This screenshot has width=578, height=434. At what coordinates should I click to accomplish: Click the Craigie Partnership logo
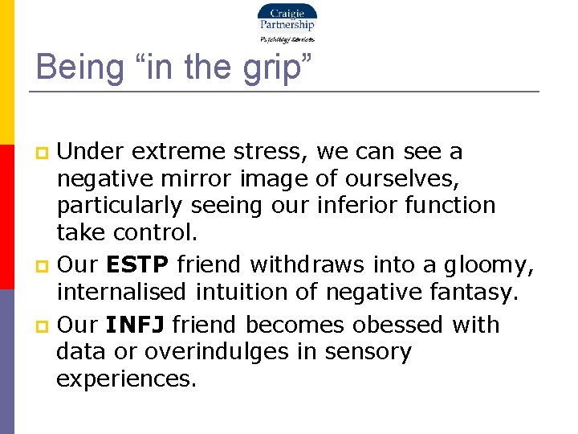click(x=287, y=23)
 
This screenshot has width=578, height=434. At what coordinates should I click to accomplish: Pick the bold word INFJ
click(x=135, y=325)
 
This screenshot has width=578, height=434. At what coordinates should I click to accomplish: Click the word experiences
click(x=125, y=379)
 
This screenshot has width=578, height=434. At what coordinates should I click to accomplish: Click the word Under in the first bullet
click(x=88, y=151)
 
